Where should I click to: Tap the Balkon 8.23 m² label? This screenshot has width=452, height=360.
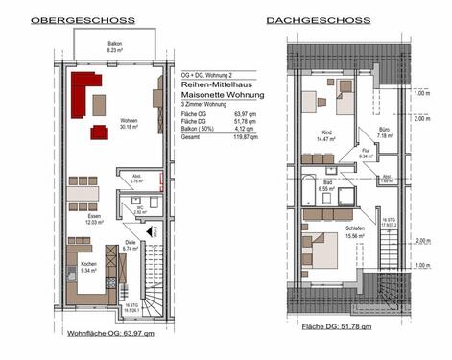coord(113,46)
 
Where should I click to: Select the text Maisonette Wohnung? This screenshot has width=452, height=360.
coord(216,95)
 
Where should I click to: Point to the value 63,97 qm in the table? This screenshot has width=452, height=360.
coord(245,114)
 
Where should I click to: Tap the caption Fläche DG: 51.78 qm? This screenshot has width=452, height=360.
coord(336,327)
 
